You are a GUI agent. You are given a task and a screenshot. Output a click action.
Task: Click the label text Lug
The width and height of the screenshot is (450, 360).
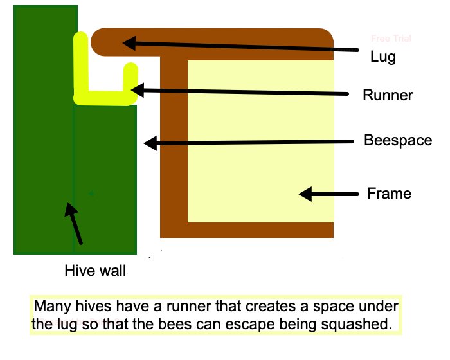[383, 56]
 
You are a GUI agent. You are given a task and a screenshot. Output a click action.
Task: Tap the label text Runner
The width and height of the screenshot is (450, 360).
[388, 96]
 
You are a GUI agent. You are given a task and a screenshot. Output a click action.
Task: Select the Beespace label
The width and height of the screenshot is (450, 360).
[398, 140]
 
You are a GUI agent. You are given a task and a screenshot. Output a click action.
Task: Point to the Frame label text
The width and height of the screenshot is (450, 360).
[388, 193]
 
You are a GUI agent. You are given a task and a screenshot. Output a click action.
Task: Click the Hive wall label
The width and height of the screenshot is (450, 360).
[95, 271]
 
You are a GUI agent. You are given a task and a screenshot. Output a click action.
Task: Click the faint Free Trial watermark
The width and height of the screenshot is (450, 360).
[391, 39]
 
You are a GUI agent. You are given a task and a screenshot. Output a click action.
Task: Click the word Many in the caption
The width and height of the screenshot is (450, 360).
[50, 306]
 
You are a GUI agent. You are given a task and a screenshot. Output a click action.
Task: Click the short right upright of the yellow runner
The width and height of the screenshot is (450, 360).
[130, 80]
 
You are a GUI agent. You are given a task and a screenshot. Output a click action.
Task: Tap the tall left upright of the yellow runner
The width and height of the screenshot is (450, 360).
[80, 64]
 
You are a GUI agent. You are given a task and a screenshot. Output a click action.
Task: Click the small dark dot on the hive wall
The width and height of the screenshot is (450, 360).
[92, 193]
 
